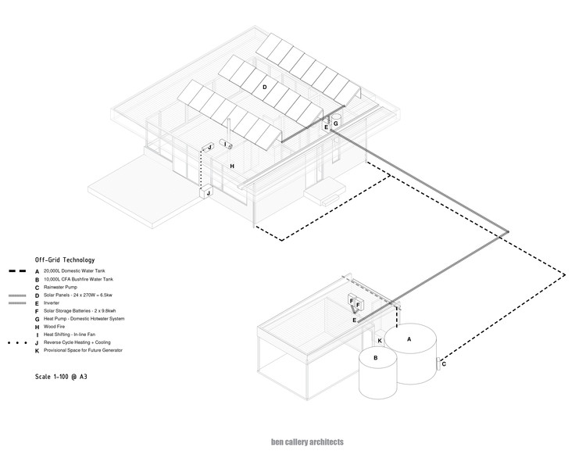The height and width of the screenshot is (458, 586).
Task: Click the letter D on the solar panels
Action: pos(265,88)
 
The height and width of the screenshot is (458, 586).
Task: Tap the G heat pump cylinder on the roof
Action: pos(335,123)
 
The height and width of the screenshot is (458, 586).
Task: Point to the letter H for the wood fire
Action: pos(232,166)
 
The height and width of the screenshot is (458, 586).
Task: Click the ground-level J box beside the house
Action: pos(205,193)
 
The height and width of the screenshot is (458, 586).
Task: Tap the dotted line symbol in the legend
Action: pos(17,343)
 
